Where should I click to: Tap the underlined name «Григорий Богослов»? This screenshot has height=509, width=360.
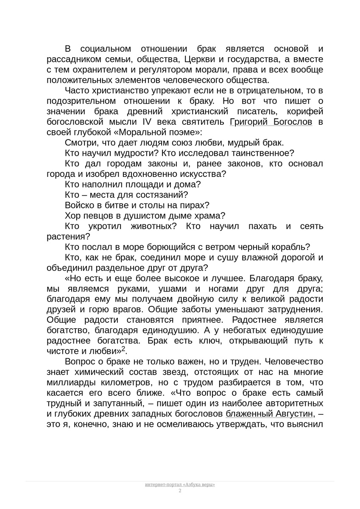click(271, 122)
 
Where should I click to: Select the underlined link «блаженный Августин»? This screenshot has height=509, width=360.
click(269, 413)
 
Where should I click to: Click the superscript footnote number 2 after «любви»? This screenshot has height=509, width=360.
click(123, 349)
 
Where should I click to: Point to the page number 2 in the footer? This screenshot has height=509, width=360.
click(180, 491)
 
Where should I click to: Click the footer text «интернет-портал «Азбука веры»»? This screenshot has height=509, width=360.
click(180, 484)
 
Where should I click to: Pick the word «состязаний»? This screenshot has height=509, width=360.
click(164, 195)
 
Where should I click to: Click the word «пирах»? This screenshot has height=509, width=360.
click(193, 205)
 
